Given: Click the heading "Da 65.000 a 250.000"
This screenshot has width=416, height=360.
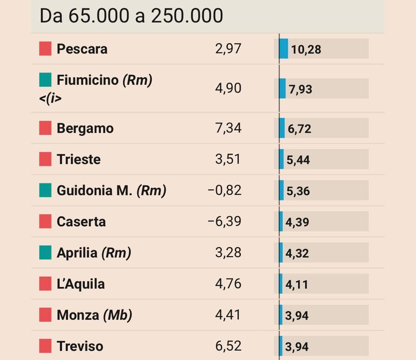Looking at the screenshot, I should pyautogui.click(x=131, y=16).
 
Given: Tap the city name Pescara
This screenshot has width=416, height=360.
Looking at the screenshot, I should pyautogui.click(x=82, y=49).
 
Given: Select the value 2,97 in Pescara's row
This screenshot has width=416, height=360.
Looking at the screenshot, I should pyautogui.click(x=228, y=49).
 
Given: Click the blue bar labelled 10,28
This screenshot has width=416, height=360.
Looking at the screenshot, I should pyautogui.click(x=284, y=49).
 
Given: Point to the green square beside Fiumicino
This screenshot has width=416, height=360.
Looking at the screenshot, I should pyautogui.click(x=45, y=80).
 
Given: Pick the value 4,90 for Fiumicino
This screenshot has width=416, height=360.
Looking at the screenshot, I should pyautogui.click(x=228, y=88).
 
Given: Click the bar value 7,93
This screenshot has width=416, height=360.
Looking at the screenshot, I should pyautogui.click(x=301, y=89).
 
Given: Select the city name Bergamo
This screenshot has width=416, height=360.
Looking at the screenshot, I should pyautogui.click(x=85, y=128).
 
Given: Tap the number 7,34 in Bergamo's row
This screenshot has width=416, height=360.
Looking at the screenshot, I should pyautogui.click(x=228, y=128).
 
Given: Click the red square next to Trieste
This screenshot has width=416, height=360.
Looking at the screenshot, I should pyautogui.click(x=45, y=159).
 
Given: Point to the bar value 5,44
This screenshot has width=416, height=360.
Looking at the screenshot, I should pyautogui.click(x=298, y=160).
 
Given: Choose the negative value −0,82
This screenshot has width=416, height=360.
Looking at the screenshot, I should pyautogui.click(x=225, y=190).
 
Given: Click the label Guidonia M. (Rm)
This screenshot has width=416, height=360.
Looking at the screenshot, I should pyautogui.click(x=111, y=191).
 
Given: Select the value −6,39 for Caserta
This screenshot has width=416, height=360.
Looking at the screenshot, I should pyautogui.click(x=225, y=221).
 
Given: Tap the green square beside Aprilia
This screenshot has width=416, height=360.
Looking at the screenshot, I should pyautogui.click(x=45, y=252).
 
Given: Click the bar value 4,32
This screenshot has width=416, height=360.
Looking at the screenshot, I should pyautogui.click(x=297, y=254).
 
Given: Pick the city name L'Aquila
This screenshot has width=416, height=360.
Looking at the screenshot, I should pyautogui.click(x=81, y=284).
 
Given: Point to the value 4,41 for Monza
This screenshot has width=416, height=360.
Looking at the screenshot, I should pyautogui.click(x=228, y=315).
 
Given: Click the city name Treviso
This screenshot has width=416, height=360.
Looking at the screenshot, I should pyautogui.click(x=80, y=346).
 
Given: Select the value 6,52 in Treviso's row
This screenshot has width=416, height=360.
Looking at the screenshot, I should pyautogui.click(x=228, y=346).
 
